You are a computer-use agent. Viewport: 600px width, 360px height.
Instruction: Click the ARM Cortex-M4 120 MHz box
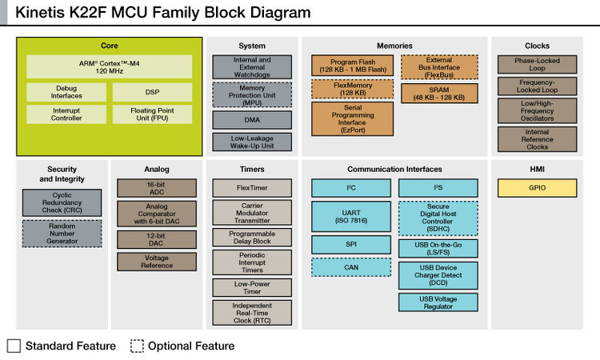110,66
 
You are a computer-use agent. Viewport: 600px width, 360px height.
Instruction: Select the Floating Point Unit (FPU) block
152,114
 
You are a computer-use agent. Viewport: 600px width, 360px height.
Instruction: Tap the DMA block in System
252,120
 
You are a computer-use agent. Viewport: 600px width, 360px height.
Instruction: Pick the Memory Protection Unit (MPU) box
252,94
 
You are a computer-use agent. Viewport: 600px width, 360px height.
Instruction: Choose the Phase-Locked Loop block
537,65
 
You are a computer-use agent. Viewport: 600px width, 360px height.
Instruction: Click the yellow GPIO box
537,188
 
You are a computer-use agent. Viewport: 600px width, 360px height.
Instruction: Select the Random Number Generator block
62,233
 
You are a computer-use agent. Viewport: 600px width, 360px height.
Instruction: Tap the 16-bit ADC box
157,188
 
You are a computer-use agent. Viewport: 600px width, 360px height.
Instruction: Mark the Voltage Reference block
157,262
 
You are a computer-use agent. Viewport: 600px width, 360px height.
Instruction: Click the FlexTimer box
252,188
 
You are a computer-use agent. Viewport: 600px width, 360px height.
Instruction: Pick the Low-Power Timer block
252,287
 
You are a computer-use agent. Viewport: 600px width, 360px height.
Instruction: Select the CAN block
351,267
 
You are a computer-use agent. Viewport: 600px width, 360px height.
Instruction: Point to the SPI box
351,244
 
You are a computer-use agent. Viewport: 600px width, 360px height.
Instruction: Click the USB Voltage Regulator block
438,302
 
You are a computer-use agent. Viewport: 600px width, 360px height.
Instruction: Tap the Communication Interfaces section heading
394,169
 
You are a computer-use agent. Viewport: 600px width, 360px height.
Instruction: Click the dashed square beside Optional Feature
137,346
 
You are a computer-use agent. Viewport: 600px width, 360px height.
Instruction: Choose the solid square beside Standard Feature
14,346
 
